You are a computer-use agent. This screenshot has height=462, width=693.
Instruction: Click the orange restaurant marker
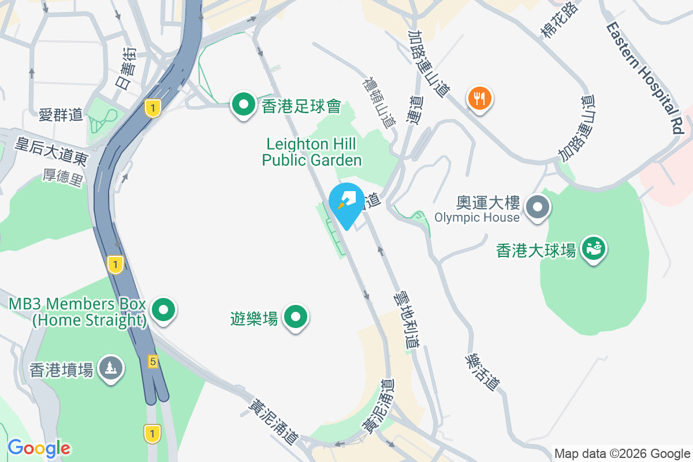click(479, 99)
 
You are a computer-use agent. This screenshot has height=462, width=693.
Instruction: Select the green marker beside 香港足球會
click(244, 105)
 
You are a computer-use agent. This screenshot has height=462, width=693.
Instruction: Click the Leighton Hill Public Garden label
click(312, 152)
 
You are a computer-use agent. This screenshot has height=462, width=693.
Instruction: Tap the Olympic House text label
click(477, 218)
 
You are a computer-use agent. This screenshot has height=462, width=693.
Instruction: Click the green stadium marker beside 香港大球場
click(593, 249)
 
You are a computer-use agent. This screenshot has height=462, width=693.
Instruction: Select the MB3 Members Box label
click(77, 312)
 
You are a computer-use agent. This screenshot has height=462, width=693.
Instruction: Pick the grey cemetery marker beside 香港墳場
click(110, 368)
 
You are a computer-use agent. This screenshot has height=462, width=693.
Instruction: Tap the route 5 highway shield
click(152, 362)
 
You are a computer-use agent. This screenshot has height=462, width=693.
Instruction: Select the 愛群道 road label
click(61, 115)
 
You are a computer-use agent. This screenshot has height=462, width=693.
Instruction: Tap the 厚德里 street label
click(63, 177)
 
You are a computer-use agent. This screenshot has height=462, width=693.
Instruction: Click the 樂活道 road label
click(482, 372)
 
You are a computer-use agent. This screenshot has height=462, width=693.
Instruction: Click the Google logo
click(39, 448)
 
